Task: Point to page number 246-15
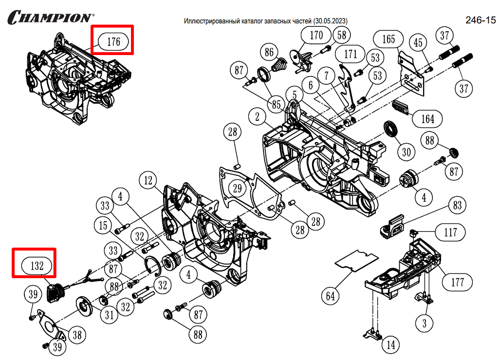click(480, 20)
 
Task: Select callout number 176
click(113, 41)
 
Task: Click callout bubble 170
click(316, 35)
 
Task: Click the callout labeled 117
click(451, 232)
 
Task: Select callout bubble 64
click(331, 295)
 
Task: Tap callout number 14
click(391, 345)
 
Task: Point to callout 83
click(457, 206)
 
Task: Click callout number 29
click(237, 188)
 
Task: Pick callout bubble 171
click(351, 54)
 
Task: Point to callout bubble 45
click(418, 43)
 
